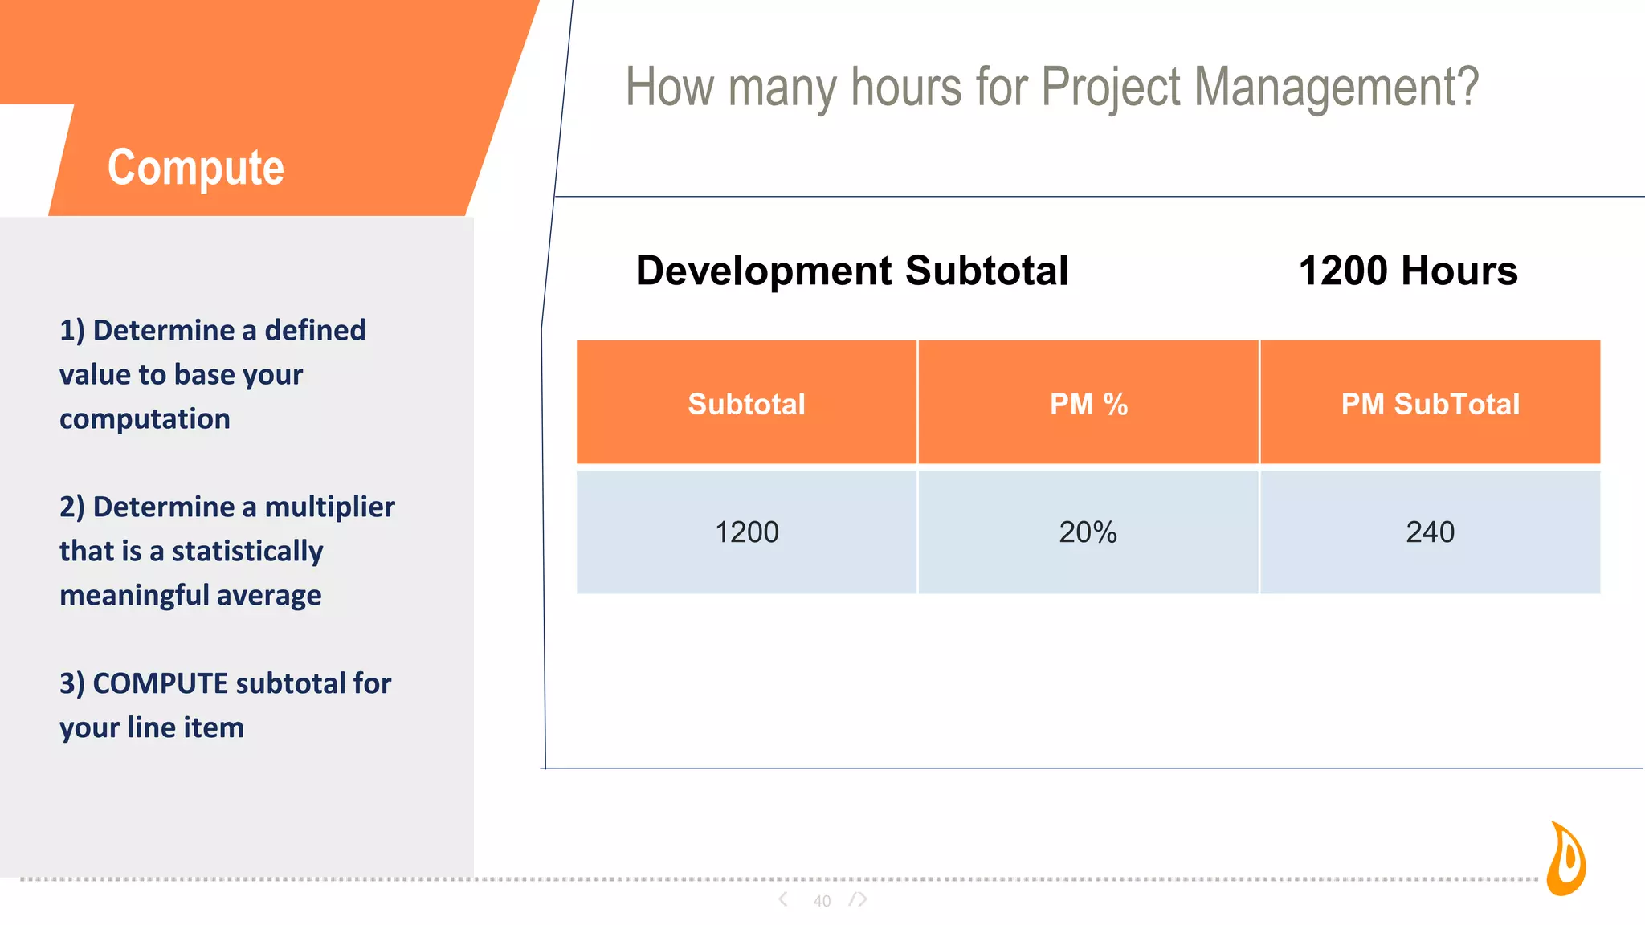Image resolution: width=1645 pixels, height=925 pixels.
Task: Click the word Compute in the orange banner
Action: click(x=196, y=168)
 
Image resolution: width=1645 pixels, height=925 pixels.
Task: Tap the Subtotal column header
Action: click(x=746, y=404)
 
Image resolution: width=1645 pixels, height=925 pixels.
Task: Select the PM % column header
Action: click(x=1088, y=404)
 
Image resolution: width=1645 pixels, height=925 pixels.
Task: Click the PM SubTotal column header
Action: click(x=1430, y=404)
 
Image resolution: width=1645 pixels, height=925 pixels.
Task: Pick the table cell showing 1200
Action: click(x=746, y=532)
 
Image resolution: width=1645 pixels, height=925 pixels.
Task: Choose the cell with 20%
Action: click(x=1088, y=532)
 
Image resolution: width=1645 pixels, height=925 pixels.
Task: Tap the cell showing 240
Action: click(x=1430, y=532)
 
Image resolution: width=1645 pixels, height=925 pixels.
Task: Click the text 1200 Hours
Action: click(x=1407, y=271)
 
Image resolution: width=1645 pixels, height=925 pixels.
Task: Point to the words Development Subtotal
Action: click(x=851, y=271)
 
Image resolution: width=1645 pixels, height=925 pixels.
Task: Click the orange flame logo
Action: click(x=1566, y=859)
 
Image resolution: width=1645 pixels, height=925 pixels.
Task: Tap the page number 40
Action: click(x=822, y=901)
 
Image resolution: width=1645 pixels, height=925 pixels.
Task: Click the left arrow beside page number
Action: click(x=783, y=899)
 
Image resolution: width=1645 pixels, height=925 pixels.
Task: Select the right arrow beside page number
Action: click(x=859, y=899)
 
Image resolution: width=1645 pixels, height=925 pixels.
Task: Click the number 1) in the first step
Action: click(x=72, y=331)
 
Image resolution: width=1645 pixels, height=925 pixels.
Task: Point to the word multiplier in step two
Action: click(x=329, y=507)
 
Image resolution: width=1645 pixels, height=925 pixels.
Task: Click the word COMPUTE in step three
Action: click(x=161, y=683)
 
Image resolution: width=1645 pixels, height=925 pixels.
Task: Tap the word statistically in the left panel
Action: click(x=247, y=552)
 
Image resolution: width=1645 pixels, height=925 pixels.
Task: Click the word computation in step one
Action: click(x=145, y=419)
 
